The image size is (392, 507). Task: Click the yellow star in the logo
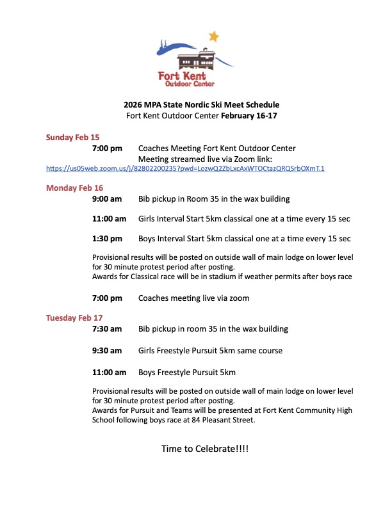213,37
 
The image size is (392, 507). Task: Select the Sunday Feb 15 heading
72,137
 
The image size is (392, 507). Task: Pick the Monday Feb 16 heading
74,188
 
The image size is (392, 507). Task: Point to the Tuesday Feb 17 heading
75,318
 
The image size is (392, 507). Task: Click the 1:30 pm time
107,239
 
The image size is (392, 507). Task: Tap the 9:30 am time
107,350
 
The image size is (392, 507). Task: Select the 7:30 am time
107,329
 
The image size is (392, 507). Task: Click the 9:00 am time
107,198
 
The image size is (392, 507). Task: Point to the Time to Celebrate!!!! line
204,449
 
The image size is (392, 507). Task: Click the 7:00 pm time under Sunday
107,148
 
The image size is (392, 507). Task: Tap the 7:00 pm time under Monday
107,298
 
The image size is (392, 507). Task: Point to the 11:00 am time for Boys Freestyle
110,372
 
